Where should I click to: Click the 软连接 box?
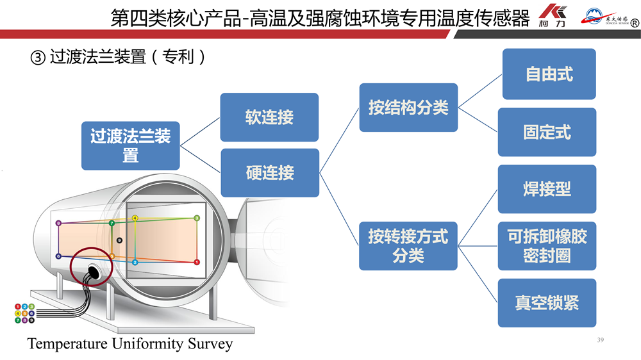[x=269, y=117]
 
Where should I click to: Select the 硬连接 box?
[x=269, y=172]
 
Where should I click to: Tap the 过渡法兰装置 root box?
[x=130, y=145]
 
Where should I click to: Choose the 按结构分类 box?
[x=408, y=108]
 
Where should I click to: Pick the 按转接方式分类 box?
[x=408, y=246]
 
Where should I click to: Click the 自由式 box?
[x=549, y=74]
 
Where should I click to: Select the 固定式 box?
[x=547, y=133]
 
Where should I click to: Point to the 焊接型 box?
[x=547, y=189]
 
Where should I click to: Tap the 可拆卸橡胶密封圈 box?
[x=547, y=246]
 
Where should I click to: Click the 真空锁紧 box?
[x=547, y=302]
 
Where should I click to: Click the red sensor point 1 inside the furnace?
[x=197, y=262]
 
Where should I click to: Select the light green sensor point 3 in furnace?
[x=197, y=218]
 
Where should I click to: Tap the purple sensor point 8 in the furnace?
[x=58, y=224]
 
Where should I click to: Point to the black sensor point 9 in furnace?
[x=119, y=240]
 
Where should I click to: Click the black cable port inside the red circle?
[x=94, y=271]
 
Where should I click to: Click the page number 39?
[x=600, y=340]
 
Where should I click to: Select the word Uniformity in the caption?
[x=147, y=344]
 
